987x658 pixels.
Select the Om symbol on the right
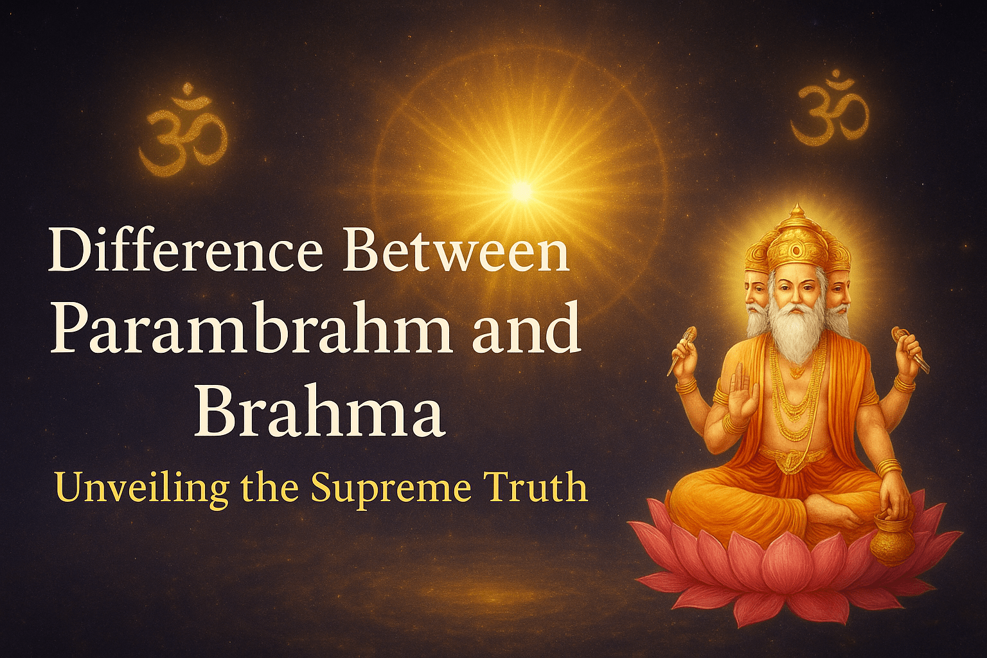coord(829,109)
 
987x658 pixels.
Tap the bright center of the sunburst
coord(522,190)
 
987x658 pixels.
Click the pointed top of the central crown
coord(797,211)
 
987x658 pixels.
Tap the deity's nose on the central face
coord(797,297)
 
